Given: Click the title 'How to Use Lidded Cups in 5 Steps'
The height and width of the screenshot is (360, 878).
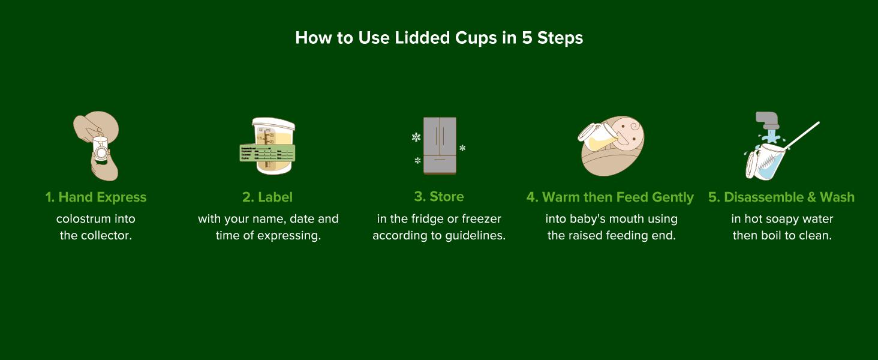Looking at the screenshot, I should pyautogui.click(x=439, y=38).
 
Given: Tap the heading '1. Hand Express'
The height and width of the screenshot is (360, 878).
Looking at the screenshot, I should pyautogui.click(x=96, y=197).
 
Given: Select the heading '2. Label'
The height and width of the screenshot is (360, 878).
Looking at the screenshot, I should pyautogui.click(x=267, y=197).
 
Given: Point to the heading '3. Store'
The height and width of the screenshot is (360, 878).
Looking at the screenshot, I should pyautogui.click(x=439, y=197).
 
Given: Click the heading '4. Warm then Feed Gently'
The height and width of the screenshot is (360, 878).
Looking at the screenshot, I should pyautogui.click(x=610, y=197).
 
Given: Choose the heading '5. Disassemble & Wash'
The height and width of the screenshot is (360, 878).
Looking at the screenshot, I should pyautogui.click(x=781, y=197).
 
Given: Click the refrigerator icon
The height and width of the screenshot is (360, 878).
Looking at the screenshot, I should pyautogui.click(x=440, y=146).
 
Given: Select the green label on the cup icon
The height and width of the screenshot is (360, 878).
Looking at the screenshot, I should pyautogui.click(x=267, y=153).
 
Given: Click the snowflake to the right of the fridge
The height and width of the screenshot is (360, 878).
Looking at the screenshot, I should pyautogui.click(x=462, y=148).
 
